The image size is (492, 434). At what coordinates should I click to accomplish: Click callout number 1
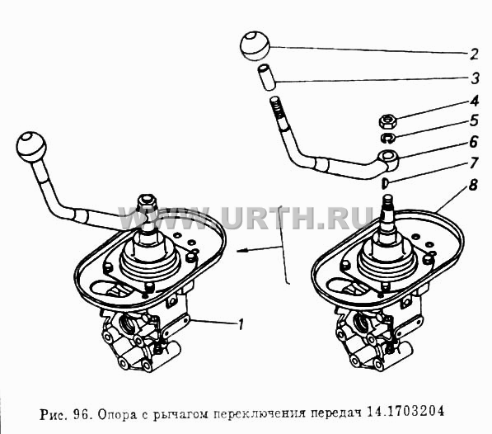pos(241,324)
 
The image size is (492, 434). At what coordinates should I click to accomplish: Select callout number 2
pos(474,54)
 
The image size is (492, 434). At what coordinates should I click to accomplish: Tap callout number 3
pos(475,78)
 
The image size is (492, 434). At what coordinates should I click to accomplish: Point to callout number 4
pos(475,101)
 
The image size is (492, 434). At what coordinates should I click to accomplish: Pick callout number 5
pos(474,121)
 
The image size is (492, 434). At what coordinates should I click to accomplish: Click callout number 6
pos(474,142)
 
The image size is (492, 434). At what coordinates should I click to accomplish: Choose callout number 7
pos(474,163)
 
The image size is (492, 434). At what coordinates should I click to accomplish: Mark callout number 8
pos(473,185)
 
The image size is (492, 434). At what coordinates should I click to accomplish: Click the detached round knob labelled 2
pos(255,46)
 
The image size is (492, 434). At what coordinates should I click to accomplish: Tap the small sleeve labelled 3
pos(267,78)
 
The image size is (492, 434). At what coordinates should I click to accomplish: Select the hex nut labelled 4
pos(388,120)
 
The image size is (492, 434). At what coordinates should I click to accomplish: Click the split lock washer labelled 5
pos(389,138)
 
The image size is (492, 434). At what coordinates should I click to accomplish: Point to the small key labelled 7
pos(385,183)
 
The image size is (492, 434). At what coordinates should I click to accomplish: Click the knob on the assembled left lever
pos(30,147)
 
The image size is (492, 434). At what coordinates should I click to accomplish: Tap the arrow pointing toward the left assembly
pos(259,249)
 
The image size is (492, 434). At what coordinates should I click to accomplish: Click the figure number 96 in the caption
pos(82,414)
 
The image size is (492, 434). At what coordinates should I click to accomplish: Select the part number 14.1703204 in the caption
pos(405,411)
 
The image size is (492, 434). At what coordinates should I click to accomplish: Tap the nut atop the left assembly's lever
pos(148,201)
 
